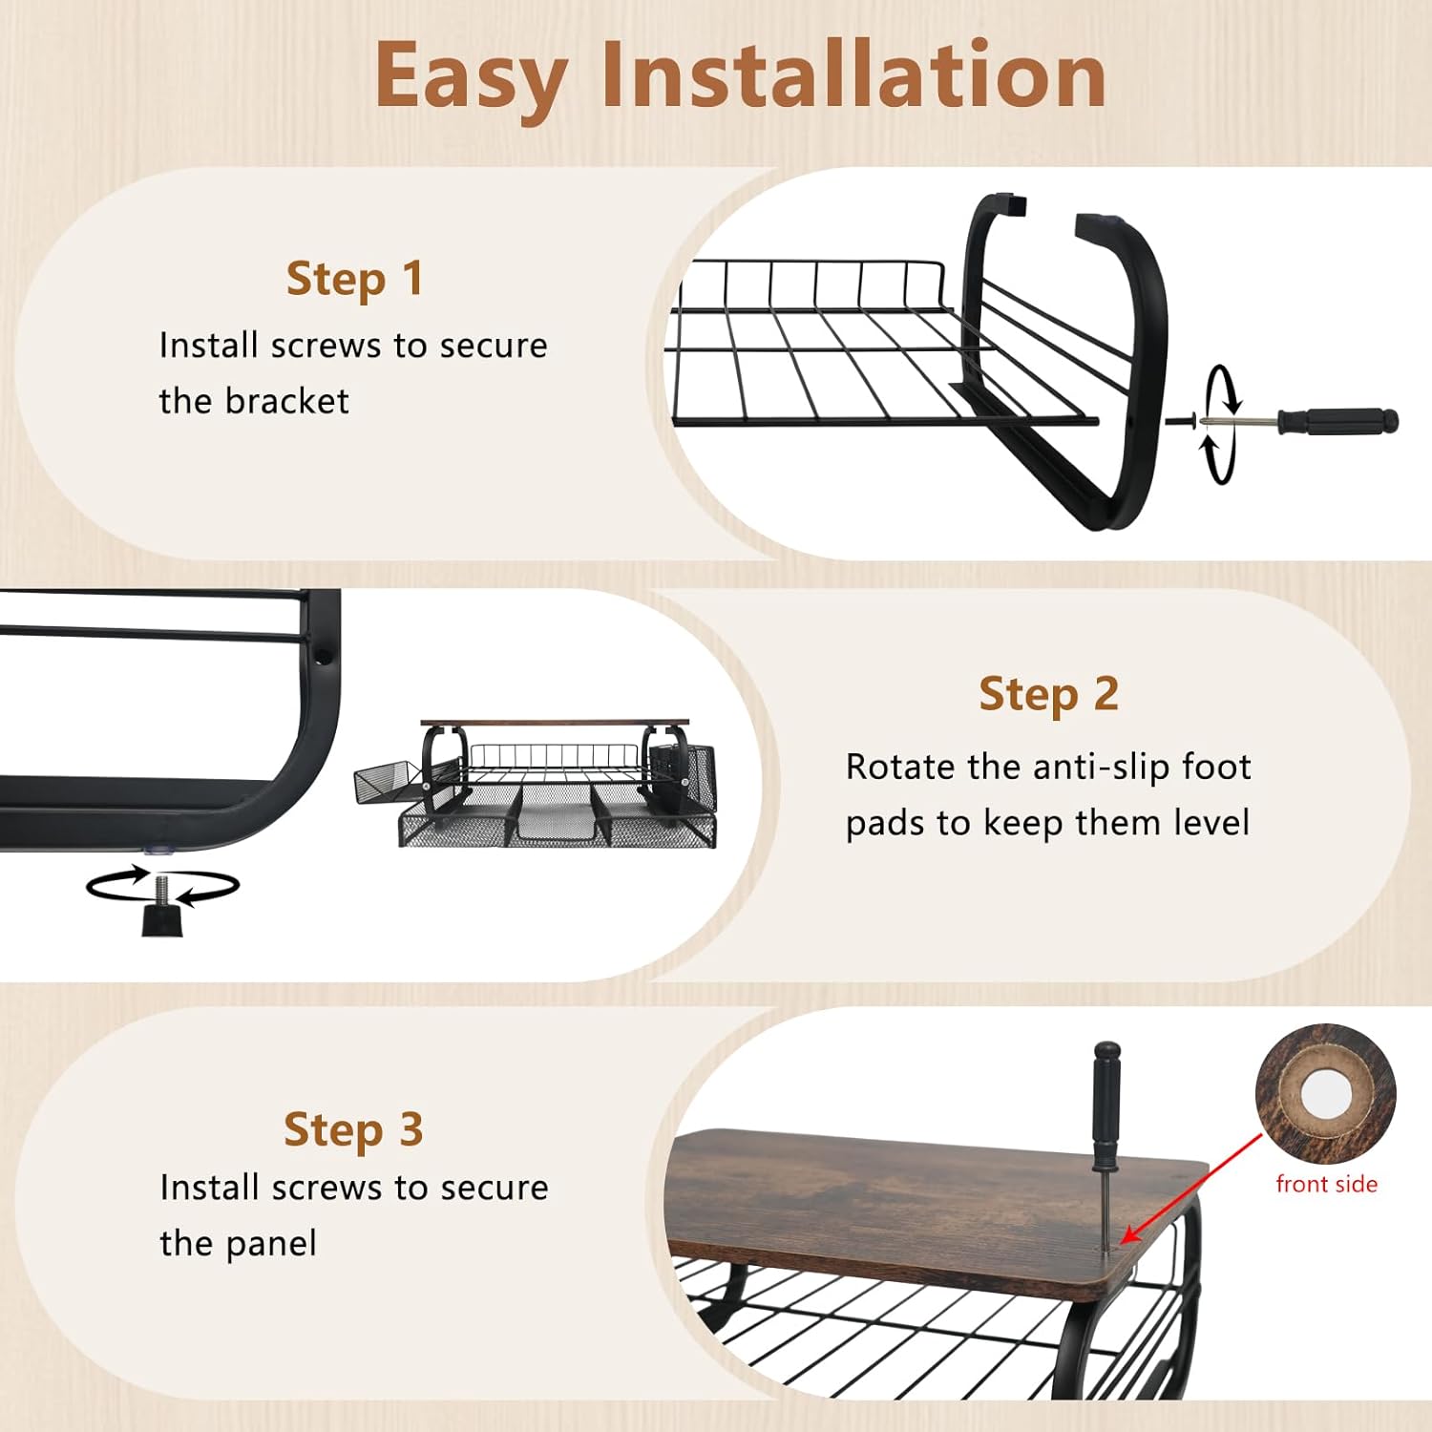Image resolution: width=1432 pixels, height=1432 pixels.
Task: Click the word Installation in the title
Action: [x=853, y=74]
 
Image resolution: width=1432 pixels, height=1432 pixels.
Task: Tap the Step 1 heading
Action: [x=354, y=279]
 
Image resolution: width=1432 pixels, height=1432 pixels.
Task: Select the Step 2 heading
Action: [x=1048, y=694]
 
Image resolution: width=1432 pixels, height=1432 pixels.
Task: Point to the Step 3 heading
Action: [x=353, y=1130]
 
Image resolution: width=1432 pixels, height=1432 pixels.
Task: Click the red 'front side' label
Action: [x=1327, y=1184]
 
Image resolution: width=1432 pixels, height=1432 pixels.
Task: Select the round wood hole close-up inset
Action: [x=1325, y=1094]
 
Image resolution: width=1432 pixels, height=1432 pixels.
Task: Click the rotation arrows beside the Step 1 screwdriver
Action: [x=1220, y=423]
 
